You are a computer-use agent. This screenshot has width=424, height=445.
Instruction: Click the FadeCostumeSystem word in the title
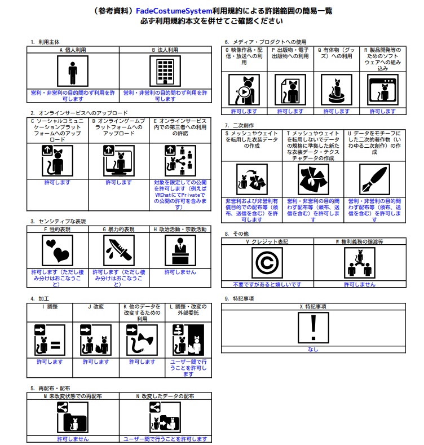coord(174,11)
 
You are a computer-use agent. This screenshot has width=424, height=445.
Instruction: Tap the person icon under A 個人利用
coord(73,71)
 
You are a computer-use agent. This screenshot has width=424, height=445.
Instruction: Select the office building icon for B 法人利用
coord(165,71)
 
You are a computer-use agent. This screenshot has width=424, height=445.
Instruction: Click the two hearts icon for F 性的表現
coord(58,250)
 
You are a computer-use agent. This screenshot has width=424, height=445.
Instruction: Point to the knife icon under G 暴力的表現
coord(119,250)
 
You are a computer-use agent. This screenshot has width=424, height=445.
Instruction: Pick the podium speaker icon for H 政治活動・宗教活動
coord(180,250)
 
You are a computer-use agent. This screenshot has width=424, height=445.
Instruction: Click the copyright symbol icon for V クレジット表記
coord(267,263)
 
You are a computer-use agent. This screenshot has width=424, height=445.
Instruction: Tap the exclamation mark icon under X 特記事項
coord(313,328)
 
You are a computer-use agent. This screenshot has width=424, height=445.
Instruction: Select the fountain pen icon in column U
coord(374,179)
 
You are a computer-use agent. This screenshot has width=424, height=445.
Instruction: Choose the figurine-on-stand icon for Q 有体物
coord(336,90)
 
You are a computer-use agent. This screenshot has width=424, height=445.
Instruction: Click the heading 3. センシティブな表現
coord(58,221)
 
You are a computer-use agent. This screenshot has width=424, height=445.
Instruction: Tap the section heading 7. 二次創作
coord(239,125)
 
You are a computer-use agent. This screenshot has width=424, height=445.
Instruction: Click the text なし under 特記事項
coord(313,349)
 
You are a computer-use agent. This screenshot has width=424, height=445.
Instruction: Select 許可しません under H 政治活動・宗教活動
coord(180,272)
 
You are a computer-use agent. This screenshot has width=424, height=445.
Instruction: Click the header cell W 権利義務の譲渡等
coord(360,241)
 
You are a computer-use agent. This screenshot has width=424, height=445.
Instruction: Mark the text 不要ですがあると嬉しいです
coord(267,284)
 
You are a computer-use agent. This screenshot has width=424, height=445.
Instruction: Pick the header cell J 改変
coord(96,307)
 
